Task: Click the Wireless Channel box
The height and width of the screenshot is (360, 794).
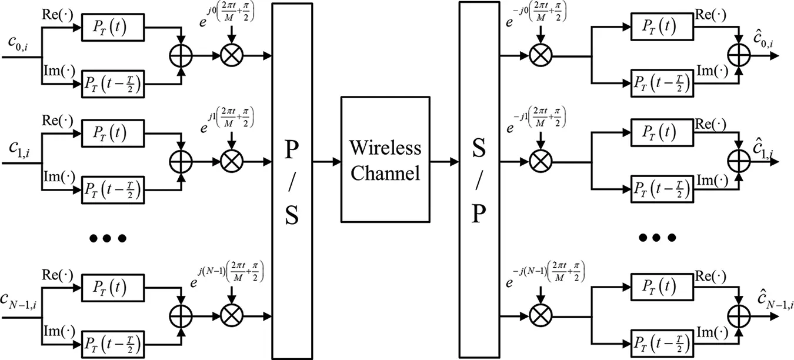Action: (x=385, y=159)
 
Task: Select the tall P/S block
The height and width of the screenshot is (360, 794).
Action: (x=292, y=179)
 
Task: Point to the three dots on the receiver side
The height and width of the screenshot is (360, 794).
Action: (x=658, y=238)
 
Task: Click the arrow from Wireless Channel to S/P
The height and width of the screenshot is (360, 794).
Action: (x=444, y=161)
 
